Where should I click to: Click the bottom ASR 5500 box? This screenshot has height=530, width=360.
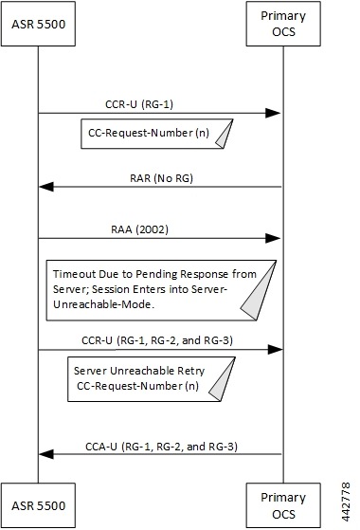tap(38, 503)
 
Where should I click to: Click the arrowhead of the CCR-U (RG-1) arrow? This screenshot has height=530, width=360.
tap(273, 114)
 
